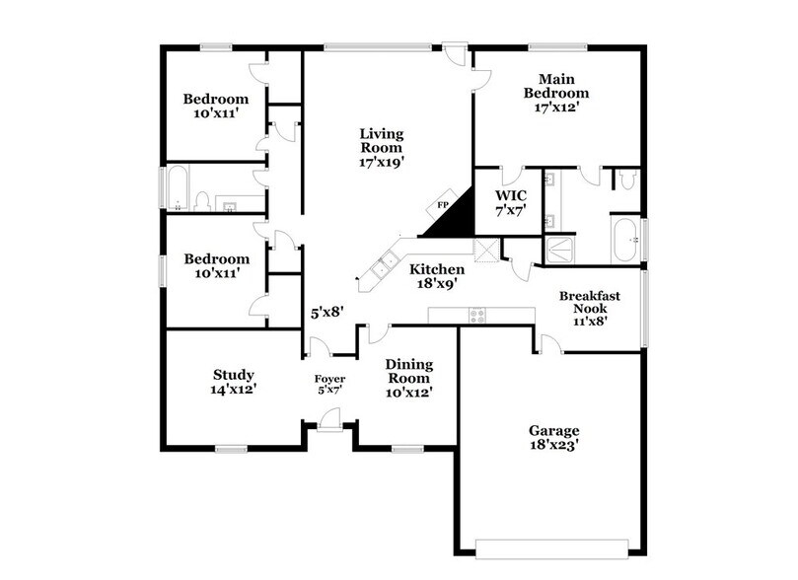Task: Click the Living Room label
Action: (x=382, y=144)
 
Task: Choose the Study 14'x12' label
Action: (x=234, y=382)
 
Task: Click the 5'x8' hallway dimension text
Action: (x=326, y=314)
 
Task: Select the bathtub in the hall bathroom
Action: (x=178, y=189)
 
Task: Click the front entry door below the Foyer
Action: (x=329, y=422)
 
